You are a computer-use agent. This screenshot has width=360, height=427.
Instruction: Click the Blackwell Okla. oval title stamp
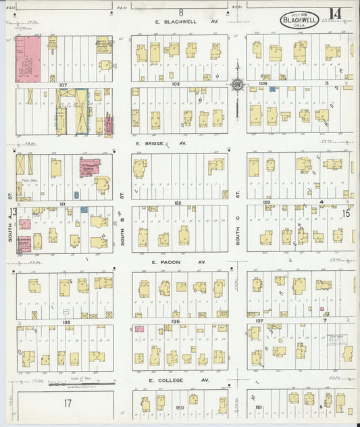point(301,18)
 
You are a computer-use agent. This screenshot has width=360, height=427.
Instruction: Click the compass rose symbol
point(237,84)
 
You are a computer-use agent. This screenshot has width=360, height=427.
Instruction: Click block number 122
point(178,203)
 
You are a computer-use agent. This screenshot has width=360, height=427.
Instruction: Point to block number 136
point(176,322)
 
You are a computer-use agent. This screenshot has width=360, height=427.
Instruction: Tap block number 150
point(180,407)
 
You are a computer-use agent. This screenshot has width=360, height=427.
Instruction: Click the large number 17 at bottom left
point(68,403)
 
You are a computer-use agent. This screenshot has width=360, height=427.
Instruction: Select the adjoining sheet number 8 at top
point(181,11)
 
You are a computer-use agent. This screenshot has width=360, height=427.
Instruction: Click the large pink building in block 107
point(28,59)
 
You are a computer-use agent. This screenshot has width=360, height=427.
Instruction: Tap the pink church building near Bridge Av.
point(88,168)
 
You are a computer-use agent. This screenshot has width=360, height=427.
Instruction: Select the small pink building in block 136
point(139,329)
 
